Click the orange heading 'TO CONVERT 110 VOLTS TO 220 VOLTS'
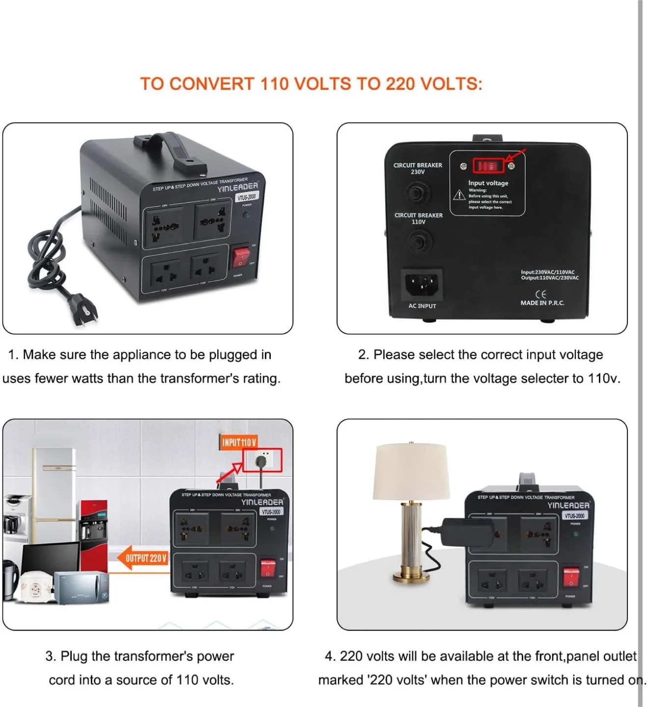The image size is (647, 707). (x=311, y=84)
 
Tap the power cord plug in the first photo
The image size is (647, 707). (x=84, y=308)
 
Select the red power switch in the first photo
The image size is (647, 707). (x=241, y=256)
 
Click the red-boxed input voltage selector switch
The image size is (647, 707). (x=488, y=166)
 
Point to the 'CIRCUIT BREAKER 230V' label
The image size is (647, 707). (x=418, y=168)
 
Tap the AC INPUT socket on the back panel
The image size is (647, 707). (x=422, y=284)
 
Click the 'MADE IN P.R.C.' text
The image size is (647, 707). (x=542, y=303)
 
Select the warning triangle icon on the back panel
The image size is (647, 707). (x=459, y=195)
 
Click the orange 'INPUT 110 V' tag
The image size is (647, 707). (x=239, y=442)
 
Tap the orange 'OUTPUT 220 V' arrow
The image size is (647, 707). (x=142, y=558)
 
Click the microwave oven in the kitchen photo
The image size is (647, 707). (x=81, y=588)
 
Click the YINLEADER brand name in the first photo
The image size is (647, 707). (x=238, y=187)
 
